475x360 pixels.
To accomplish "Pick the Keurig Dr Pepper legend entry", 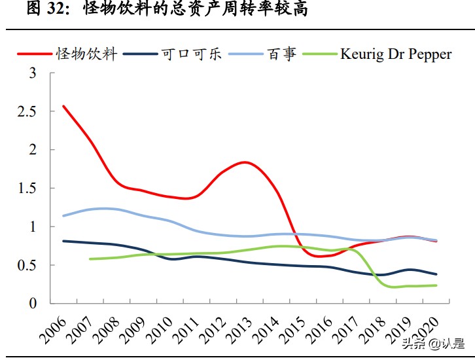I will coord(395,54).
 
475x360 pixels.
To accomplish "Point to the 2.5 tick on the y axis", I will coord(36,111).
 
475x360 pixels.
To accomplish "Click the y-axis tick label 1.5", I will coord(36,189).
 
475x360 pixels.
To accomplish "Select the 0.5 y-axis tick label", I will coord(36,265).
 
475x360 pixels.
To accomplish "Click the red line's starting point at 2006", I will coord(63,106).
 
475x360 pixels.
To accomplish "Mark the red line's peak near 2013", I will coord(243,162).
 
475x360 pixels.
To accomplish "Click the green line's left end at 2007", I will coord(90,259).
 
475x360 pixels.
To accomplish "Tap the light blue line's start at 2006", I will coord(63,215).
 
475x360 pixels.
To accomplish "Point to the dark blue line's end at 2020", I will coord(436,274).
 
